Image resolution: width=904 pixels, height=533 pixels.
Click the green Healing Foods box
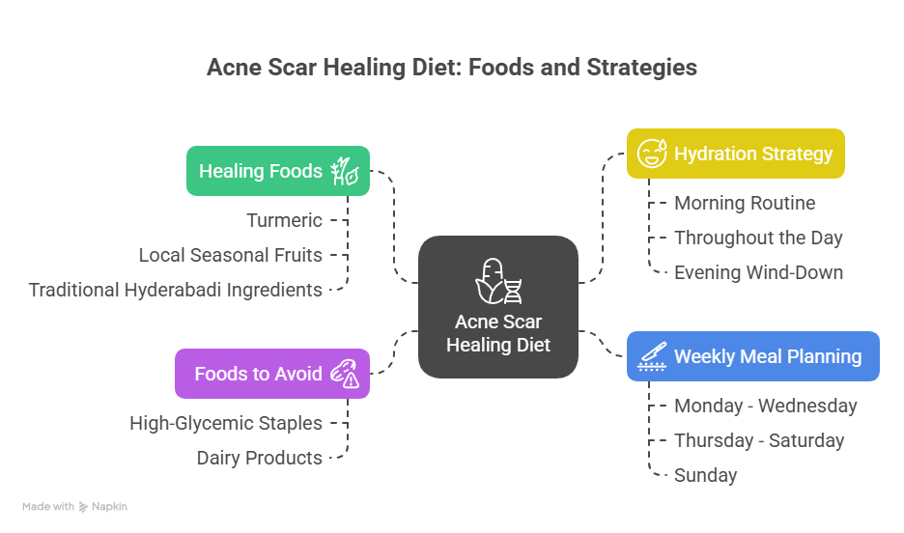[278, 171]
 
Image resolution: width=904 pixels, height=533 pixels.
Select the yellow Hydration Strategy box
[736, 154]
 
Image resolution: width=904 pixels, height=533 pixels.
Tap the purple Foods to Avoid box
[272, 374]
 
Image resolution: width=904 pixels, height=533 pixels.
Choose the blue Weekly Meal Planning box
[753, 356]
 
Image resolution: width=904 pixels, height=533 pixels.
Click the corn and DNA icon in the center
[498, 281]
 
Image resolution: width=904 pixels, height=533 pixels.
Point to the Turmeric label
[284, 220]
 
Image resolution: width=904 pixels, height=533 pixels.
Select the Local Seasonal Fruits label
[231, 255]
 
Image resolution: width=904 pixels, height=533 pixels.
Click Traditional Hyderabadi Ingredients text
[175, 290]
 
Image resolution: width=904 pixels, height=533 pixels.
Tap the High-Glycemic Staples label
[226, 423]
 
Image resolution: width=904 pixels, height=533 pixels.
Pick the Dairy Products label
[260, 458]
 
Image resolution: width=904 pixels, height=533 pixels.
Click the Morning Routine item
[745, 203]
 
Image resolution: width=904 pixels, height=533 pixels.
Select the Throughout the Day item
[759, 238]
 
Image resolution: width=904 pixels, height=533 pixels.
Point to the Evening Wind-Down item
[759, 272]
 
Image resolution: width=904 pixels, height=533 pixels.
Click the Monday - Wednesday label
[766, 406]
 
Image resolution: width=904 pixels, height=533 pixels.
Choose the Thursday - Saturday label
[759, 440]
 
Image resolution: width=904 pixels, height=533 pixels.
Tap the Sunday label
[706, 475]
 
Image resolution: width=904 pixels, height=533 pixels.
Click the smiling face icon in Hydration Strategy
[652, 154]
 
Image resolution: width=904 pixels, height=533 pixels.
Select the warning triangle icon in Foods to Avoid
[351, 379]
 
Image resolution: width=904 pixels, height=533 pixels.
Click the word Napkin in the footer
[109, 507]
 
